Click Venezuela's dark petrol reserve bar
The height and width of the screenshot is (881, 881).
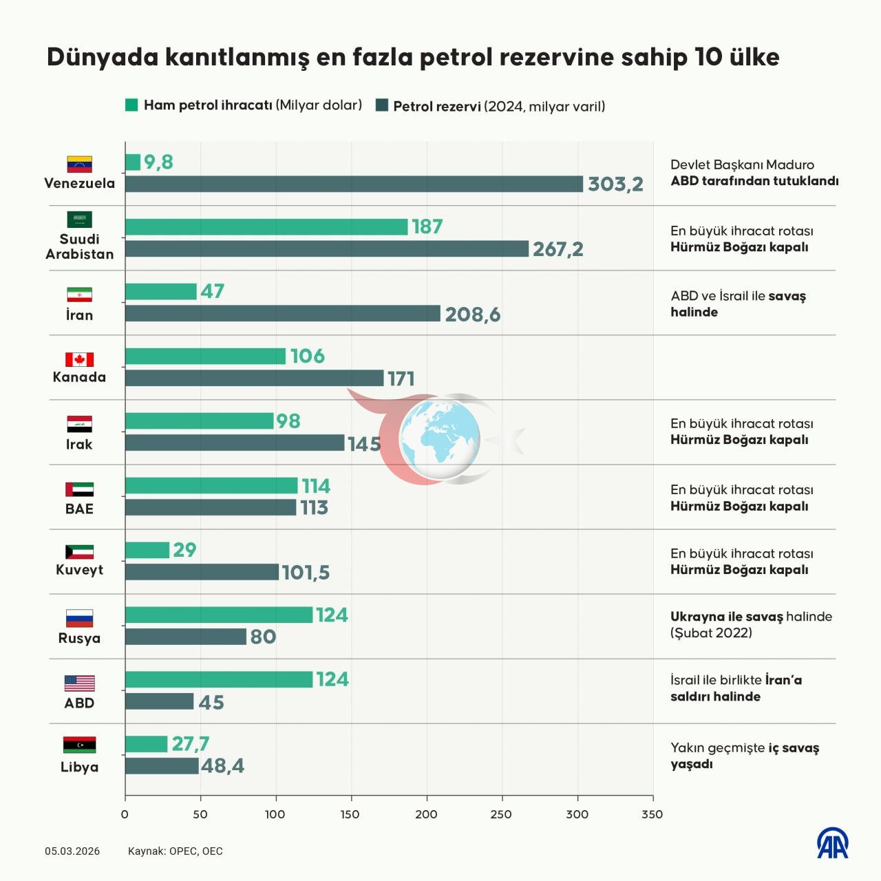354,184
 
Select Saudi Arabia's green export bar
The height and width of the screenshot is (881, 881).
266,226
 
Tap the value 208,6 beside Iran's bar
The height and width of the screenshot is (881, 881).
473,315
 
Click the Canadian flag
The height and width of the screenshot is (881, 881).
79,359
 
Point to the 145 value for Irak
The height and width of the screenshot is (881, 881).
364,444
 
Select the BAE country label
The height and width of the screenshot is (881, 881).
79,509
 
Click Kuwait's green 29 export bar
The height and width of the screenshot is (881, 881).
147,550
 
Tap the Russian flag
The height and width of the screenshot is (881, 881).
79,618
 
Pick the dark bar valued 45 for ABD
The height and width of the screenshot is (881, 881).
159,701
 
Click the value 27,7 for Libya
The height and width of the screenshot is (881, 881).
190,744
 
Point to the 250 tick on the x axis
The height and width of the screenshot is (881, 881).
502,814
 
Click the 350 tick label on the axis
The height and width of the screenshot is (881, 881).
652,814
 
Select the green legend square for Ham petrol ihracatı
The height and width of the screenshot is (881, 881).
131,105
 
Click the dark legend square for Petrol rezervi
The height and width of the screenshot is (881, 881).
382,105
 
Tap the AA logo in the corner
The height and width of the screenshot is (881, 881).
833,842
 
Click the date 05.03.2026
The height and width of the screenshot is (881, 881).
72,851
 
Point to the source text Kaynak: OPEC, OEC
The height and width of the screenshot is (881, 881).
175,851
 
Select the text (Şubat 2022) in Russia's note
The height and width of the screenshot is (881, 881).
711,633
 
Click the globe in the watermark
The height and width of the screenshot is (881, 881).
440,439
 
